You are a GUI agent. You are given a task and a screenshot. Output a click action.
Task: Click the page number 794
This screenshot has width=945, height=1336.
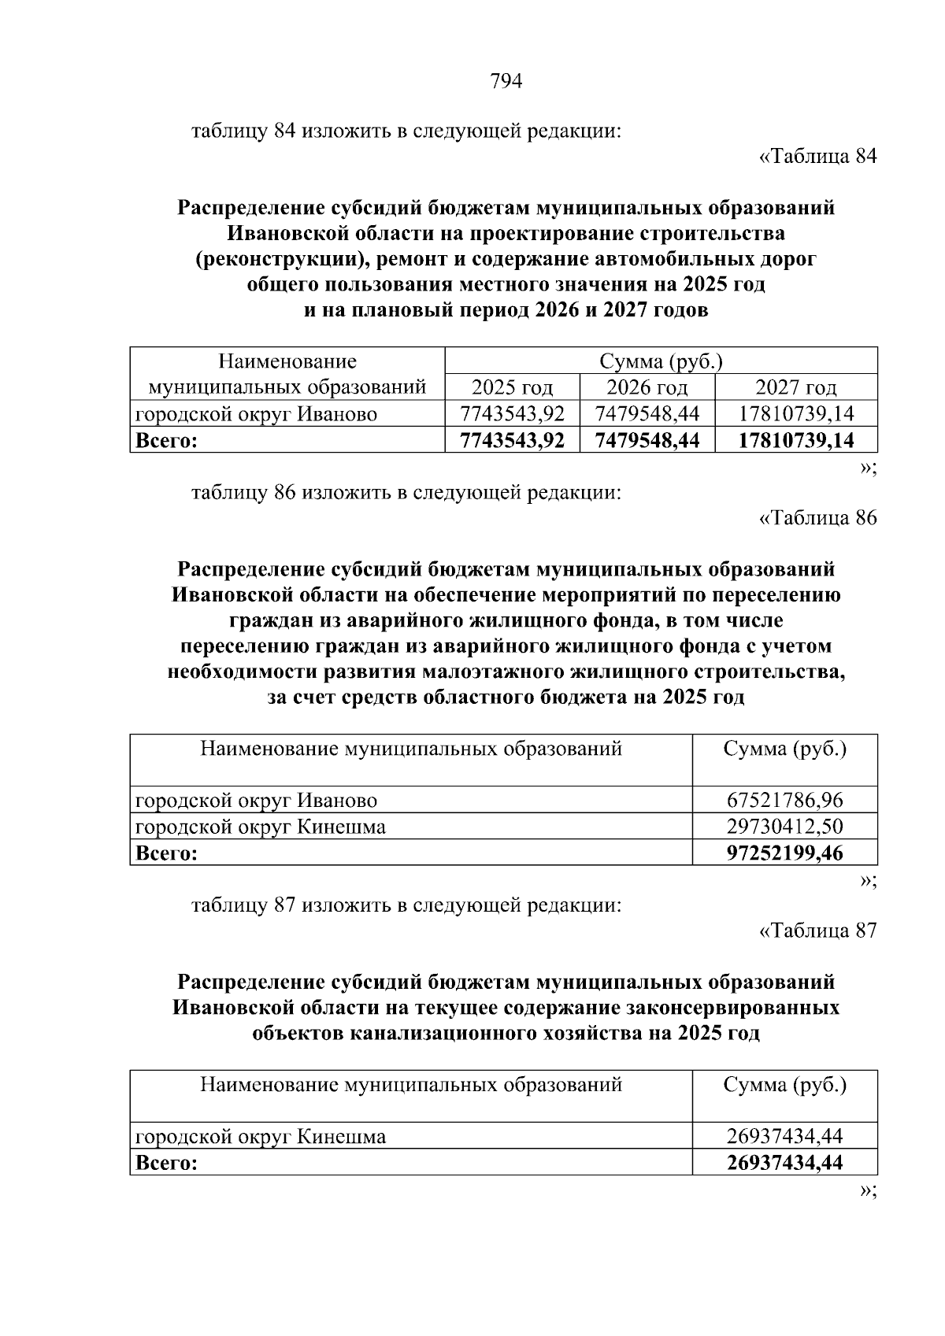pyautogui.click(x=506, y=82)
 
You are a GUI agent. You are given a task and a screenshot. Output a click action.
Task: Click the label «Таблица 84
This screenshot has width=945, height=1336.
pyautogui.click(x=817, y=157)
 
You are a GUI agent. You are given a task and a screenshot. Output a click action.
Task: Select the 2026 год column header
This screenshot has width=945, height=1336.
pyautogui.click(x=647, y=388)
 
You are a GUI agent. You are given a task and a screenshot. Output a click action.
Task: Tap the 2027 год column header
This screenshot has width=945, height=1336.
pyautogui.click(x=795, y=388)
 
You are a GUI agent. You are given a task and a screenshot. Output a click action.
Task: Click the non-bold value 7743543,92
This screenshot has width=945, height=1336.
pyautogui.click(x=512, y=414)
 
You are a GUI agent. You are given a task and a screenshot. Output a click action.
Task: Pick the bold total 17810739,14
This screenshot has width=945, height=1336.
pyautogui.click(x=795, y=440)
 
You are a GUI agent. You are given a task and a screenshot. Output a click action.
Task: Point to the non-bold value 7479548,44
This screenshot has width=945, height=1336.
pyautogui.click(x=647, y=414)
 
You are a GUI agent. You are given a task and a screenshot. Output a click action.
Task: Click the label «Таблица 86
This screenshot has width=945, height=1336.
pyautogui.click(x=817, y=518)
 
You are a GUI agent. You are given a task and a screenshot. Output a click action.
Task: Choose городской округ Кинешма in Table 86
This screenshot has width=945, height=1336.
pyautogui.click(x=261, y=827)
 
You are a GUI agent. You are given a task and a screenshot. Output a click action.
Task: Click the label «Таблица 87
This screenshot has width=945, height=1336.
pyautogui.click(x=817, y=931)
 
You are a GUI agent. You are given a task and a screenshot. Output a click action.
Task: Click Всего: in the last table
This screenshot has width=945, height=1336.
pyautogui.click(x=166, y=1162)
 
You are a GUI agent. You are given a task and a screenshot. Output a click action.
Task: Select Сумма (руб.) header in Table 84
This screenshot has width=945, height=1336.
pyautogui.click(x=661, y=362)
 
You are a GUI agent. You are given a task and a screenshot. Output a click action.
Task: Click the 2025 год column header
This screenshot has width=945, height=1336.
pyautogui.click(x=512, y=388)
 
